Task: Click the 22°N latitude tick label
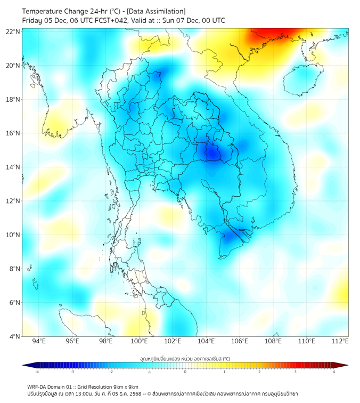pyautogui.click(x=13, y=31)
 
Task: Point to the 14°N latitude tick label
pyautogui.click(x=13, y=167)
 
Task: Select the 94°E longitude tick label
pyautogui.click(x=39, y=341)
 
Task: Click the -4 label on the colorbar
pyautogui.click(x=36, y=372)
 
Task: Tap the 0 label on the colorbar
pyautogui.click(x=185, y=372)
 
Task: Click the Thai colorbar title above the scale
pyautogui.click(x=185, y=358)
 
